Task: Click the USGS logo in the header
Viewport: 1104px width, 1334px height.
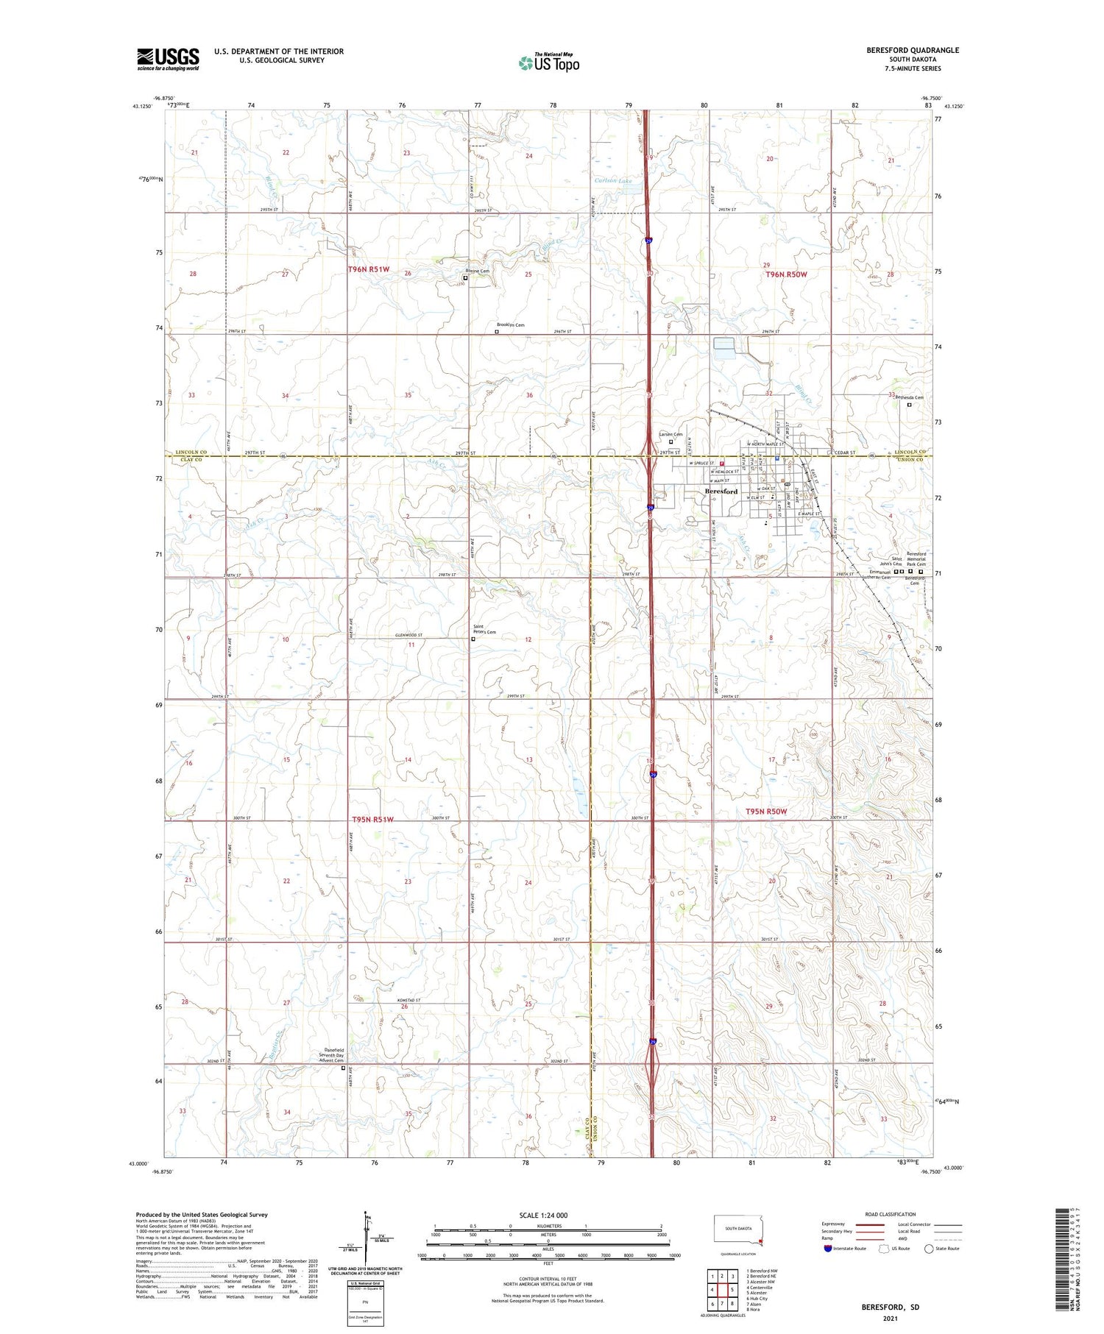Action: (x=168, y=59)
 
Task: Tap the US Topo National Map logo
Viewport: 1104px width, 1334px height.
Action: (x=548, y=63)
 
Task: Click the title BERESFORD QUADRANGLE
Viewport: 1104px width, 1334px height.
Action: (x=913, y=50)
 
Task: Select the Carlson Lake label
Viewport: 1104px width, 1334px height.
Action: (x=613, y=180)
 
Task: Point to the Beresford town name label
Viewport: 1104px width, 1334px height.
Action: (x=721, y=492)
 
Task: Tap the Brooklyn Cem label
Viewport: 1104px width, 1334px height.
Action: (x=510, y=324)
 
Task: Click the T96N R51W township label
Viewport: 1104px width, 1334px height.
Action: (x=369, y=270)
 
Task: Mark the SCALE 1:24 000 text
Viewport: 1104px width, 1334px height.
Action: (x=543, y=1215)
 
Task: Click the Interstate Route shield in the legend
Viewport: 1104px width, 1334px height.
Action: (x=828, y=1249)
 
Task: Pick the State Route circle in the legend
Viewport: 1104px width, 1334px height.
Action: (x=929, y=1249)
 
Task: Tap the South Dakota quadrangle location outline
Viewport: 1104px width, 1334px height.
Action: (x=738, y=1231)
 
